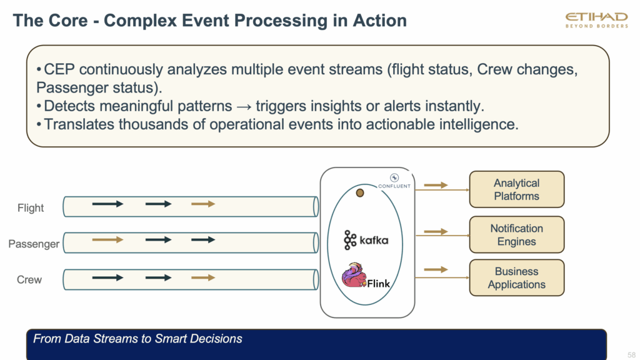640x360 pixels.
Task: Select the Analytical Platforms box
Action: pyautogui.click(x=516, y=189)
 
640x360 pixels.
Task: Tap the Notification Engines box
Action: pyautogui.click(x=516, y=235)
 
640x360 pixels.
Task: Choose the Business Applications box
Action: pyautogui.click(x=516, y=278)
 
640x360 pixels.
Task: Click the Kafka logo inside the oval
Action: pyautogui.click(x=366, y=239)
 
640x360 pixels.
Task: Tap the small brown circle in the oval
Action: pyautogui.click(x=360, y=192)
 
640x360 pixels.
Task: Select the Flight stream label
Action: pyautogui.click(x=30, y=208)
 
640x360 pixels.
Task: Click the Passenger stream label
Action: pyautogui.click(x=34, y=244)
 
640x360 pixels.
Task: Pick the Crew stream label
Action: pyautogui.click(x=29, y=279)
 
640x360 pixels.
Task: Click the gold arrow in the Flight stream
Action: pyautogui.click(x=202, y=204)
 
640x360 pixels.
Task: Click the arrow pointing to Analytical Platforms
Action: pyautogui.click(x=436, y=185)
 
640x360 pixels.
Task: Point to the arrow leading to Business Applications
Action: pyautogui.click(x=436, y=269)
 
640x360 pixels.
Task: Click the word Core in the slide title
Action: pyautogui.click(x=70, y=21)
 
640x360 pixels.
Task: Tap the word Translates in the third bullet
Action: pyautogui.click(x=81, y=124)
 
